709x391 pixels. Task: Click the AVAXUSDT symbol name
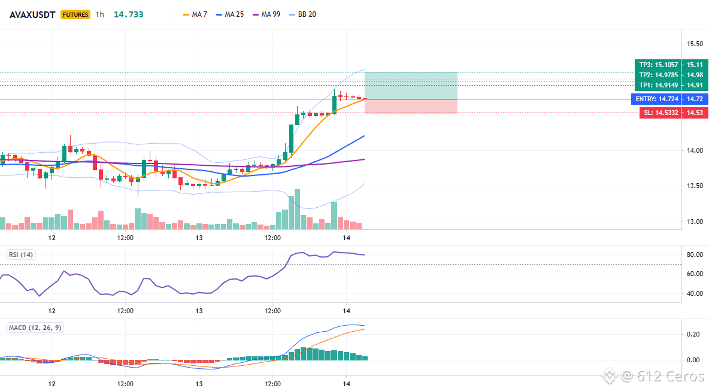(x=32, y=14)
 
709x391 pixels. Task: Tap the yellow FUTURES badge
(x=75, y=14)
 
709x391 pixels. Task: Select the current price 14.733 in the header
(x=128, y=14)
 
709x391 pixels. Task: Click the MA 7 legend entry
(x=195, y=14)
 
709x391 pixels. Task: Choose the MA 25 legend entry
(x=230, y=14)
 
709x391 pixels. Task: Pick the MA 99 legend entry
(x=266, y=14)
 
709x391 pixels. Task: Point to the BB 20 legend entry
(x=302, y=14)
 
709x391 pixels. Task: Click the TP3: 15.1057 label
(x=658, y=65)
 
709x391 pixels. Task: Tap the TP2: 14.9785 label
(x=658, y=75)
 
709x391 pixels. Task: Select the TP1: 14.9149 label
(x=658, y=85)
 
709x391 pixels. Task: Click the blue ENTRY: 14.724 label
(x=656, y=99)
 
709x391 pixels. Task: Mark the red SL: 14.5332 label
(x=660, y=113)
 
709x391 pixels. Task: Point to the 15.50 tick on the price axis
(x=695, y=44)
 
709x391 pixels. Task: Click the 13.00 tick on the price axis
(x=695, y=222)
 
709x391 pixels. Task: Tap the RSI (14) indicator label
(x=21, y=254)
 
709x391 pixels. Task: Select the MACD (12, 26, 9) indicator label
(x=35, y=328)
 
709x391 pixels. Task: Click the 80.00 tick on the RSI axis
(x=695, y=254)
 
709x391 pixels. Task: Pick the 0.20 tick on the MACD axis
(x=693, y=334)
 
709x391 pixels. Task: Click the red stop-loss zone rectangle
(x=411, y=106)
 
